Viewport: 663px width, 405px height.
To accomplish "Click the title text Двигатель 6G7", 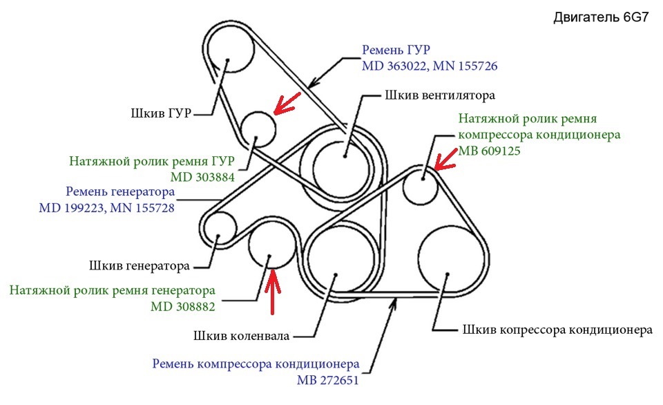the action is (600, 17).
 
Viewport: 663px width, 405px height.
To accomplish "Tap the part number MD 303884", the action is (202, 177).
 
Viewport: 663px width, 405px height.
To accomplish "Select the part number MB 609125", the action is (489, 151).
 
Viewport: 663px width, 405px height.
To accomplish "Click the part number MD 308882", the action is (182, 306).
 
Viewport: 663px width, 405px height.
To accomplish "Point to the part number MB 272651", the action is (327, 380).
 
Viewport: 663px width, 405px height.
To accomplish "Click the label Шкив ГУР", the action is (161, 113).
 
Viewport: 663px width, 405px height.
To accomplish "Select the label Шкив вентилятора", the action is (440, 95).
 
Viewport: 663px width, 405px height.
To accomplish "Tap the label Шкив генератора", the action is (139, 266).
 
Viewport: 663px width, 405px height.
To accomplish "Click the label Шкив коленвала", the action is (242, 336).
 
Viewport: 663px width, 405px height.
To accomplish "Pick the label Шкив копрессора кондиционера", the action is (557, 330).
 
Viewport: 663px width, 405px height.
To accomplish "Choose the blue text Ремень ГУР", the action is (396, 50).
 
